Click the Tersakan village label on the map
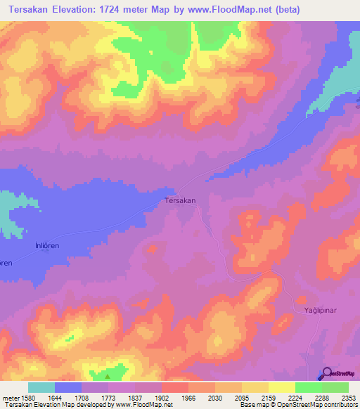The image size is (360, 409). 179,200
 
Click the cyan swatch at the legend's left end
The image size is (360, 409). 41,387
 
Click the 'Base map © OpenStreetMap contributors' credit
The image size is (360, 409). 297,405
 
